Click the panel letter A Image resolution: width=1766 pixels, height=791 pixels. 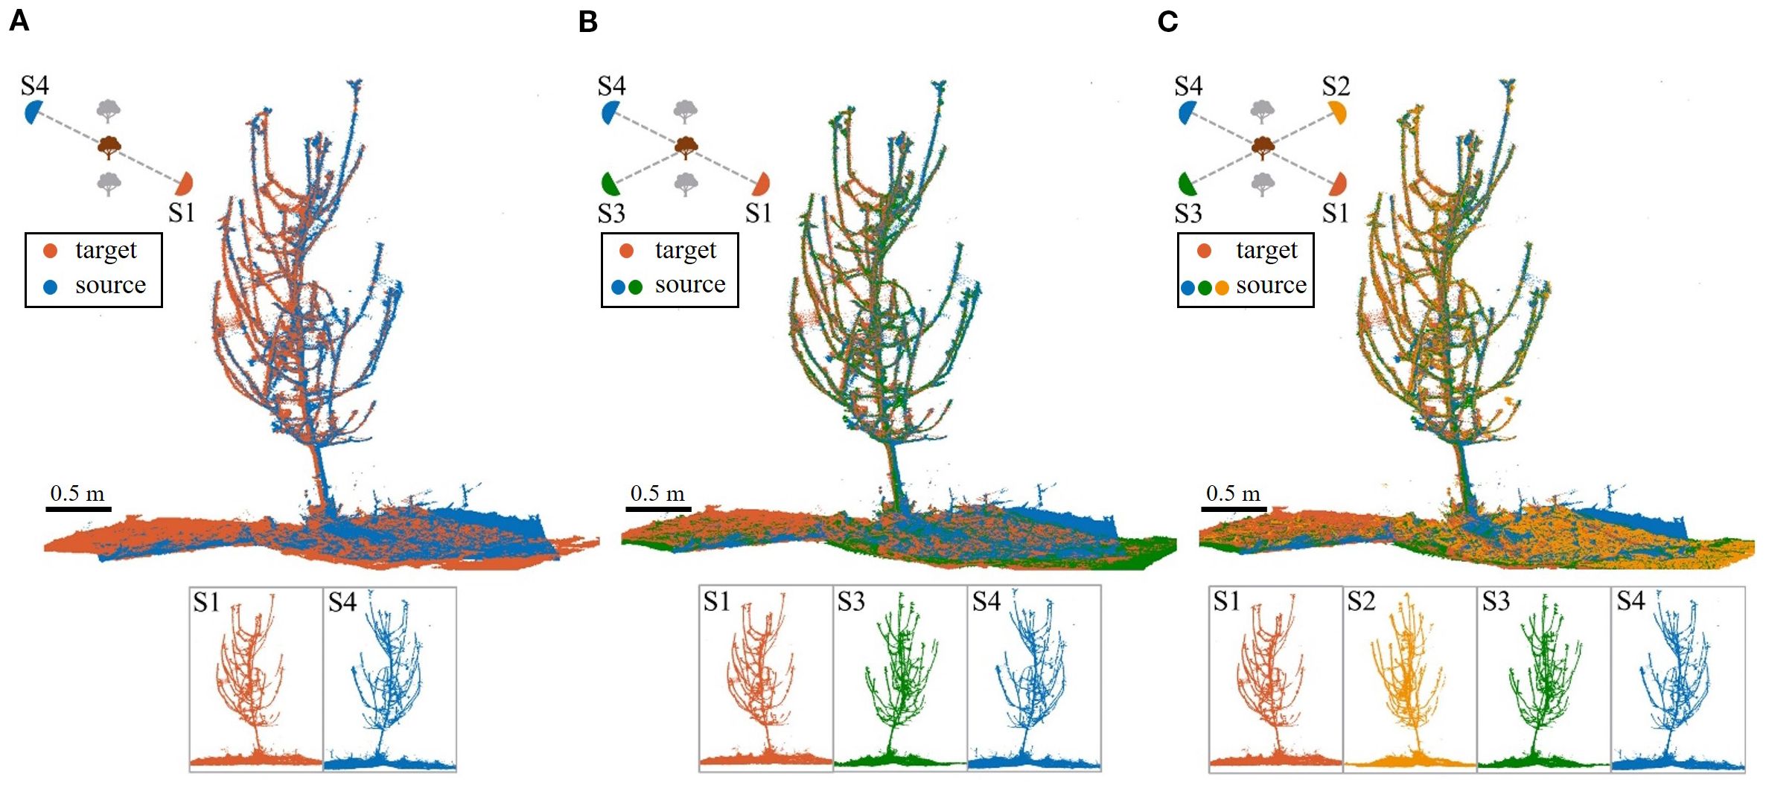tap(19, 21)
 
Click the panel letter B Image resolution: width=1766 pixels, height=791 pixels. tap(588, 22)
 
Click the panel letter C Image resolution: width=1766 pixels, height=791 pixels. tap(1167, 22)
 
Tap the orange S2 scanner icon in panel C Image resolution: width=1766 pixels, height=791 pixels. tap(1337, 113)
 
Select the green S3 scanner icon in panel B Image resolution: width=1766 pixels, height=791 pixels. tap(610, 183)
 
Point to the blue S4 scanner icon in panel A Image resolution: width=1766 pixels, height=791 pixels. tap(33, 113)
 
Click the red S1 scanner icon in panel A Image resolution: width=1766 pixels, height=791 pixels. tap(185, 183)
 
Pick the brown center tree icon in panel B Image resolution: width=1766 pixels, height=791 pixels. tap(686, 147)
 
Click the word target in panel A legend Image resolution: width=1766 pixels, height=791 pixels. tap(106, 251)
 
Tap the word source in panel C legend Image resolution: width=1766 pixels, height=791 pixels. tap(1271, 286)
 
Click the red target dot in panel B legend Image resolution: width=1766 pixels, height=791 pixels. tap(626, 252)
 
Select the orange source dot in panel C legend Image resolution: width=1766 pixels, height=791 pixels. tap(1222, 287)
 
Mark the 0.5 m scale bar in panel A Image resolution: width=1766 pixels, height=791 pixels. tap(78, 509)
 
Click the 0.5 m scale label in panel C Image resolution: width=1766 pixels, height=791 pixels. tap(1233, 493)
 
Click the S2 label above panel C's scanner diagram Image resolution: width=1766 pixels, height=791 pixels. tap(1336, 86)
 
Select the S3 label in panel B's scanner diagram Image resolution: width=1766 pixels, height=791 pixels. tap(611, 214)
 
